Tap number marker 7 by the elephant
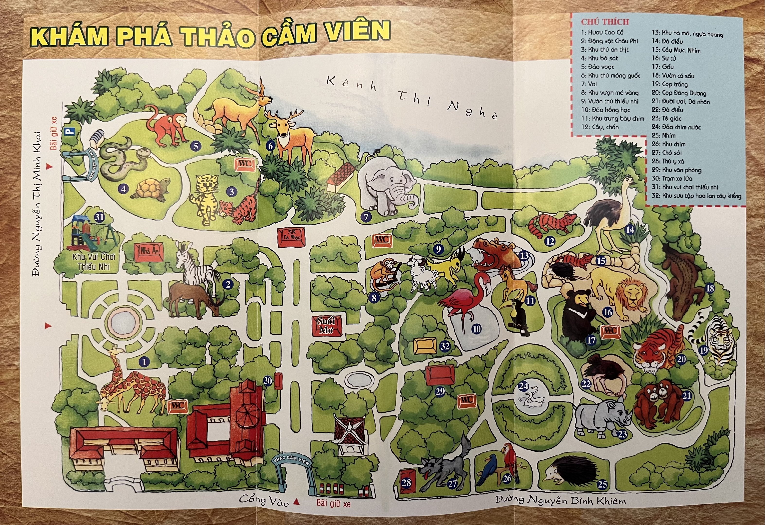[366, 217]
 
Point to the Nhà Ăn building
[150, 252]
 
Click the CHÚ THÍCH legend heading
[605, 22]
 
